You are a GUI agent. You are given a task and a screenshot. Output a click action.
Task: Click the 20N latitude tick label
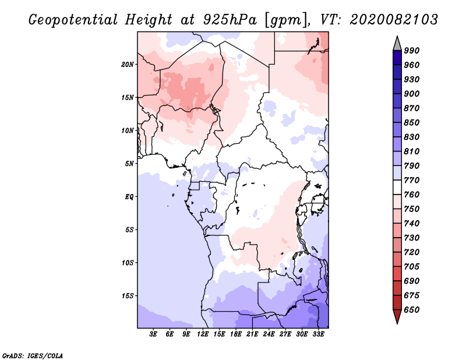[128, 64]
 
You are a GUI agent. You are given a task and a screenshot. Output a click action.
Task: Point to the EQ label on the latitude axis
[129, 196]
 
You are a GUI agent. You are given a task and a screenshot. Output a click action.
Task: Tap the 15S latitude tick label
[128, 296]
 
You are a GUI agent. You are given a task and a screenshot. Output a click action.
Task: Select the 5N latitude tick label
[129, 164]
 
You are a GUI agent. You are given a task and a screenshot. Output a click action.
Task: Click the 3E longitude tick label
[154, 334]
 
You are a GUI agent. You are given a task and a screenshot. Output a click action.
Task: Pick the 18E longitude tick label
[236, 334]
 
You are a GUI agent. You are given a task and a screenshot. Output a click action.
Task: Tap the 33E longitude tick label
[319, 334]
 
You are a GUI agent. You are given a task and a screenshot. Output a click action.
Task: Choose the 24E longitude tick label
[269, 334]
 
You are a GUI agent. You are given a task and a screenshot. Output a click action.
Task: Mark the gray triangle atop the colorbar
[397, 43]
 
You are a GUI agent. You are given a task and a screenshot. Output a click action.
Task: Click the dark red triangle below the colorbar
[397, 317]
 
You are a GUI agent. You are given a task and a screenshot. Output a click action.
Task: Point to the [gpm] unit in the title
[282, 20]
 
